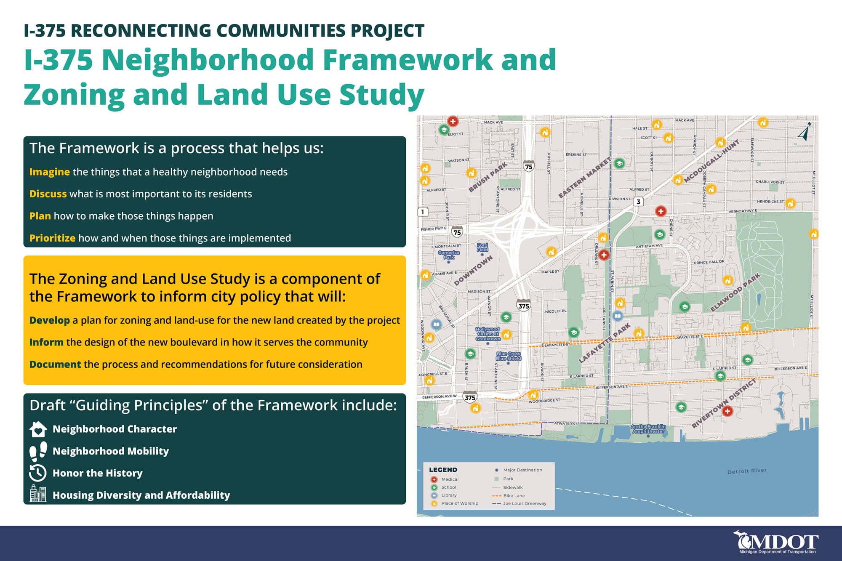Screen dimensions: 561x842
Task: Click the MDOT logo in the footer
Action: pos(775,542)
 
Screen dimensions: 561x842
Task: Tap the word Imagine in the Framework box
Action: pos(49,172)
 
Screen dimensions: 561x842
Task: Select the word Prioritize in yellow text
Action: pos(52,238)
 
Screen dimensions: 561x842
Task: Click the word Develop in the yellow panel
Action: pos(49,320)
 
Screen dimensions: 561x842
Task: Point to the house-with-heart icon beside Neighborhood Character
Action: pos(38,429)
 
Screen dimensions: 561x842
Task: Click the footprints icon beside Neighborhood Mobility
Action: pos(38,451)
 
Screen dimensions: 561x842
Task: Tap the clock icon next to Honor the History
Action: pos(38,473)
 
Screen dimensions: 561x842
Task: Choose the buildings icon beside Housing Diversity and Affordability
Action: pos(38,494)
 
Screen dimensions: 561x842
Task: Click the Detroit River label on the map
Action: pos(747,471)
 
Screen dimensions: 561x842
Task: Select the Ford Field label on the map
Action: pos(482,247)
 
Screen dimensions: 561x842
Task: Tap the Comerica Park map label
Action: pos(449,255)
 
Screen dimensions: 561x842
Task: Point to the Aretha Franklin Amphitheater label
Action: pos(648,429)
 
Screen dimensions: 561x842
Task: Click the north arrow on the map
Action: pos(805,132)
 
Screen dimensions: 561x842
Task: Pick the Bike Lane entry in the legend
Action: pos(514,496)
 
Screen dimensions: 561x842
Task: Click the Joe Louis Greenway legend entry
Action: pos(524,504)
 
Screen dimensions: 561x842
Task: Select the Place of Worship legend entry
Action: pos(459,503)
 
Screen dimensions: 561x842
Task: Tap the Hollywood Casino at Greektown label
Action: pos(488,334)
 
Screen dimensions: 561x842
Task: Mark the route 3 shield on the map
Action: pos(638,202)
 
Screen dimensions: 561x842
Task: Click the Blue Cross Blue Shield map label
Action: pos(509,356)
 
